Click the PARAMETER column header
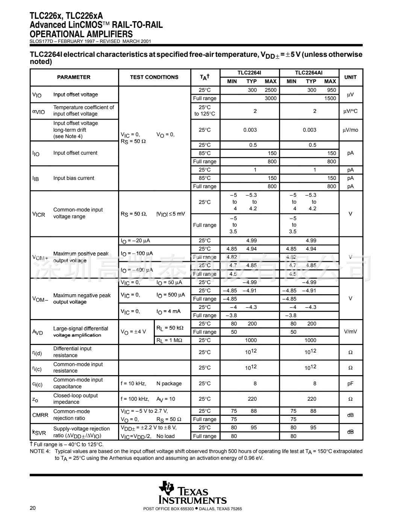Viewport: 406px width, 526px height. (x=74, y=77)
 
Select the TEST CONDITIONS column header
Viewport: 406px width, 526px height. (x=154, y=77)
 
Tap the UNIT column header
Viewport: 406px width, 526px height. (x=350, y=77)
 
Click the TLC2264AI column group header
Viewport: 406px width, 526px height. (x=309, y=73)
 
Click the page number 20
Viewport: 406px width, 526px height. (x=33, y=508)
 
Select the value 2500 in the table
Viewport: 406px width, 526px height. (x=270, y=90)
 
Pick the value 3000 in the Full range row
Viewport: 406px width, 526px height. (x=270, y=99)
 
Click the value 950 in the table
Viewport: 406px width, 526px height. (x=331, y=90)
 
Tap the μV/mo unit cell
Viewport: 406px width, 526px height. (x=350, y=130)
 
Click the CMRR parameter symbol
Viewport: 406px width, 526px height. (x=40, y=415)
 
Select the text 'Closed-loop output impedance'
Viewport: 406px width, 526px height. (x=75, y=399)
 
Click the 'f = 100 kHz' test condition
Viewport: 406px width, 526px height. (x=135, y=399)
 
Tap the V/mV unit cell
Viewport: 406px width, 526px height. (x=350, y=332)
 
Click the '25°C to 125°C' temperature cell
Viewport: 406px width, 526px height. (x=205, y=111)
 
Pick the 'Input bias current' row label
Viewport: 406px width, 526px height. (x=74, y=178)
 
